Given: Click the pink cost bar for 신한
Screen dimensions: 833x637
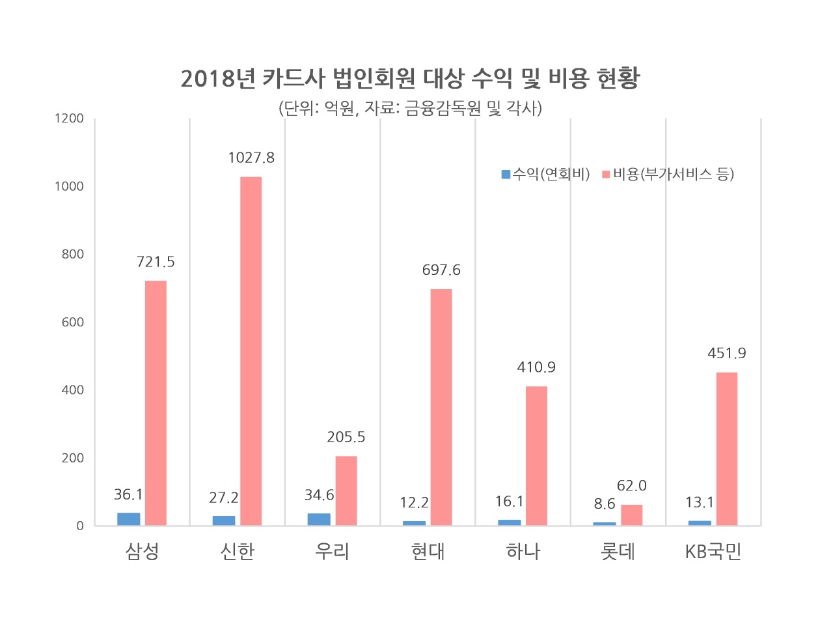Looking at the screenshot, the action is point(251,350).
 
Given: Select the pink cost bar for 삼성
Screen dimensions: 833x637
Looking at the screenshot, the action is point(156,403).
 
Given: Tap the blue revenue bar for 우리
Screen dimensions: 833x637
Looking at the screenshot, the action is point(319,519).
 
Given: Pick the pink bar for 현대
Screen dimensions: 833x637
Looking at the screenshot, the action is point(441,407).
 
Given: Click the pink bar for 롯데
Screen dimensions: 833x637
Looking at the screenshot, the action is point(631,515).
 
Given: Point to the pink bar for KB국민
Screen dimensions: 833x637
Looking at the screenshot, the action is point(727,449).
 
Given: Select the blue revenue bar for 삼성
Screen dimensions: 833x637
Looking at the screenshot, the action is point(129,519).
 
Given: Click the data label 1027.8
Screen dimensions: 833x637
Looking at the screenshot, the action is point(251,158).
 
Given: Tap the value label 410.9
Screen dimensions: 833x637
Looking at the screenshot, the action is point(536,367).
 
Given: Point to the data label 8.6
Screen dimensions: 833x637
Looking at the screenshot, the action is point(604,503).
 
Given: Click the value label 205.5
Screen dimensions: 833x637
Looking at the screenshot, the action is point(346,437).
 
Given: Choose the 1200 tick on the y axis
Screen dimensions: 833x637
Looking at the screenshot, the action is point(69,119).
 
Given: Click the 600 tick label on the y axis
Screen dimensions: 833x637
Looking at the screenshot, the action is point(72,322).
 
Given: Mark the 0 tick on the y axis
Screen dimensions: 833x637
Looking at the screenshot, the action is point(79,526).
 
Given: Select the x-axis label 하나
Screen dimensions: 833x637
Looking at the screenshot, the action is point(523,551).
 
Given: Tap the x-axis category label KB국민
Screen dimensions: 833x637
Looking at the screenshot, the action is point(713,552).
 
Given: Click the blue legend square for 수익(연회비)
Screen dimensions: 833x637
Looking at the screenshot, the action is point(506,174).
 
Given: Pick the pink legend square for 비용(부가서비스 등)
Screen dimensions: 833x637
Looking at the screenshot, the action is point(606,174).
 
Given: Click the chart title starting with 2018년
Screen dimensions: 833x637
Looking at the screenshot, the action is point(410,78).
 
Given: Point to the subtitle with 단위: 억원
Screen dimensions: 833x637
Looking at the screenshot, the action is point(410,108).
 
